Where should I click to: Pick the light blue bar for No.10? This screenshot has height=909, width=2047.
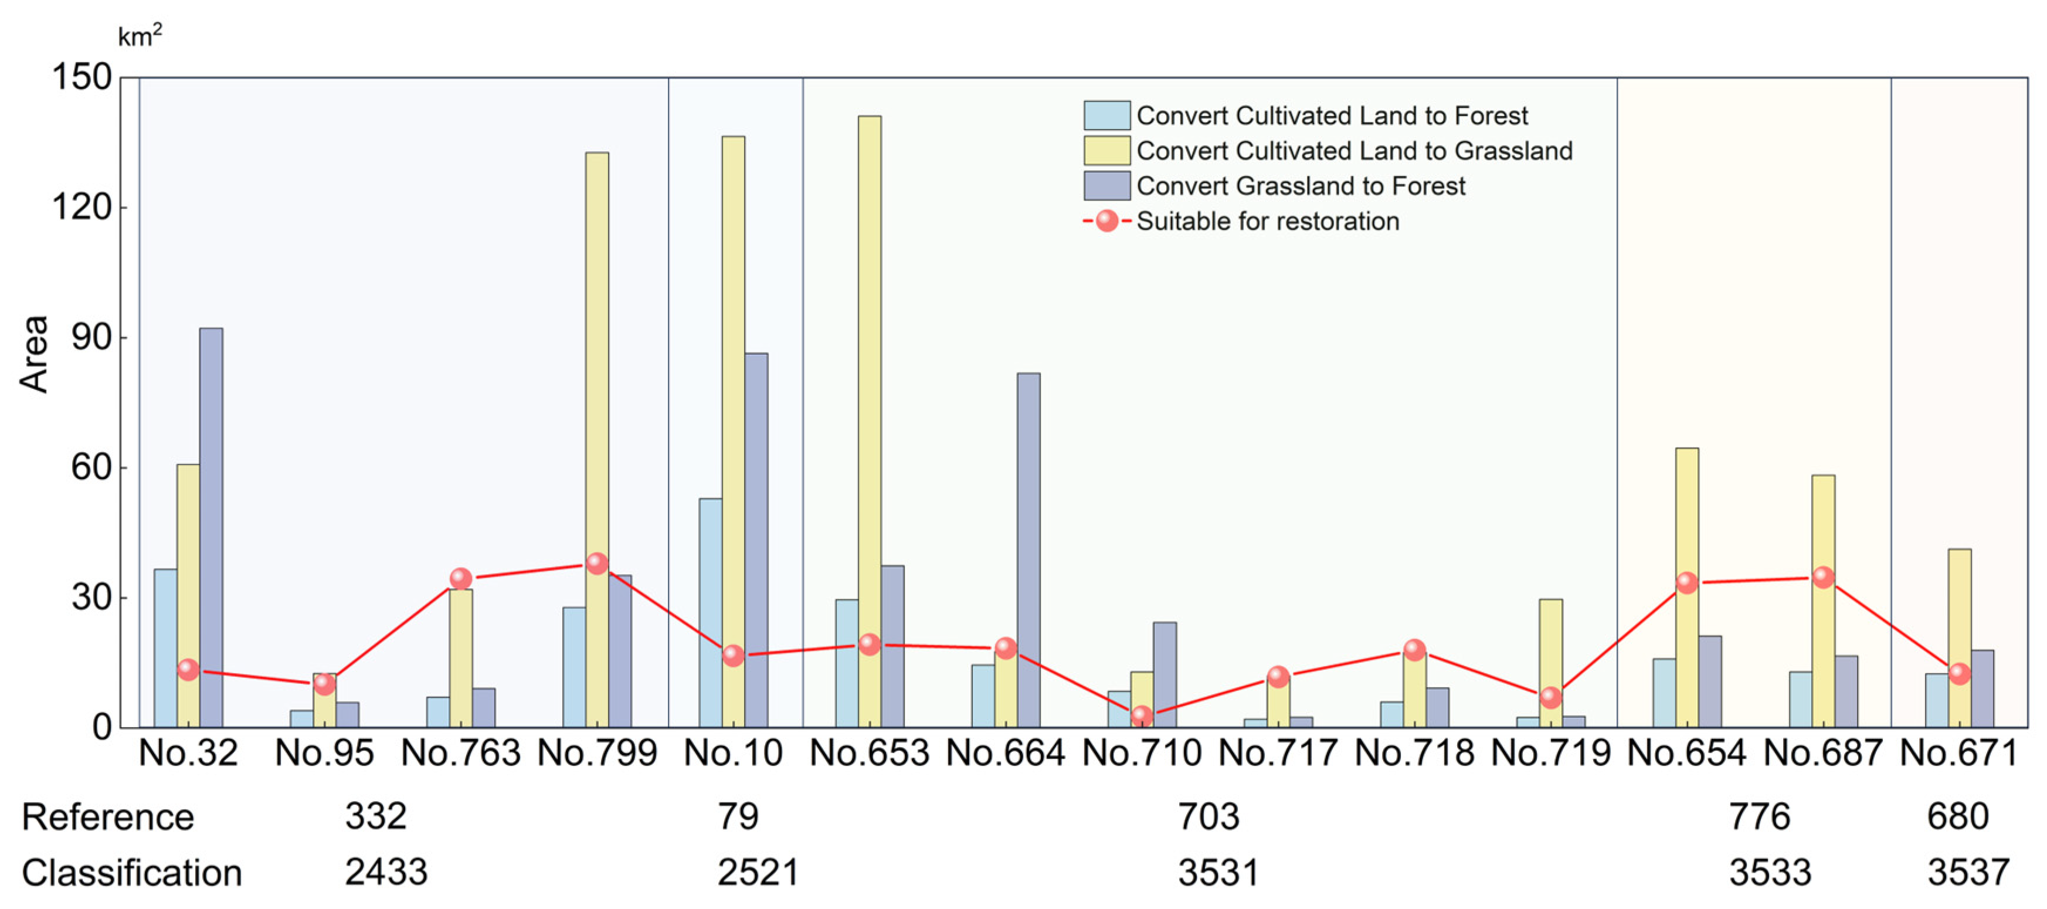[711, 612]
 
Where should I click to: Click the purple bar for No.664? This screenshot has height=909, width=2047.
[1028, 548]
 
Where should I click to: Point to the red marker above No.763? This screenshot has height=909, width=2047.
[461, 578]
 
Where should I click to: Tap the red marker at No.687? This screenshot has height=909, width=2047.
[1823, 578]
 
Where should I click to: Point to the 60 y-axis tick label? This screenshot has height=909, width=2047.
[91, 467]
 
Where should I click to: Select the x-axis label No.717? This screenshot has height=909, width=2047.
[1278, 752]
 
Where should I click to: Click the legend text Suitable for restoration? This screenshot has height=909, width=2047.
[1268, 221]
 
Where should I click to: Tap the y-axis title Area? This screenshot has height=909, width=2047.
[34, 354]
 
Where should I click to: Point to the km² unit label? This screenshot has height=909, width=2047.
[140, 35]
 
